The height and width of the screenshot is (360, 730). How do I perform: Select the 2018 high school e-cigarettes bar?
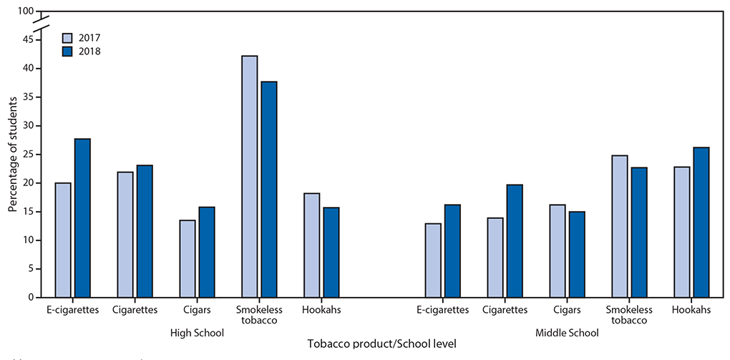point(82,218)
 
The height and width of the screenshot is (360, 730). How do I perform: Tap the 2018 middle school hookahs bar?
point(701,222)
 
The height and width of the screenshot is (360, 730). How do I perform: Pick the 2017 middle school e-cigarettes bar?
point(432,260)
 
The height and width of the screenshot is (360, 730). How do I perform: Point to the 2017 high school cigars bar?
point(188,258)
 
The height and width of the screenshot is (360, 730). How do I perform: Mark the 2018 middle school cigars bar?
point(577,254)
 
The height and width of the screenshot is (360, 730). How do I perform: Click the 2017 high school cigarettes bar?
point(125,234)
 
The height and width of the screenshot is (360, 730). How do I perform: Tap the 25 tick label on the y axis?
point(27,155)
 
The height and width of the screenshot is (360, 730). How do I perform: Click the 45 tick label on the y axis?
point(27,40)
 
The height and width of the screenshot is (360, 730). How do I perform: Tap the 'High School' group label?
point(197,333)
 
